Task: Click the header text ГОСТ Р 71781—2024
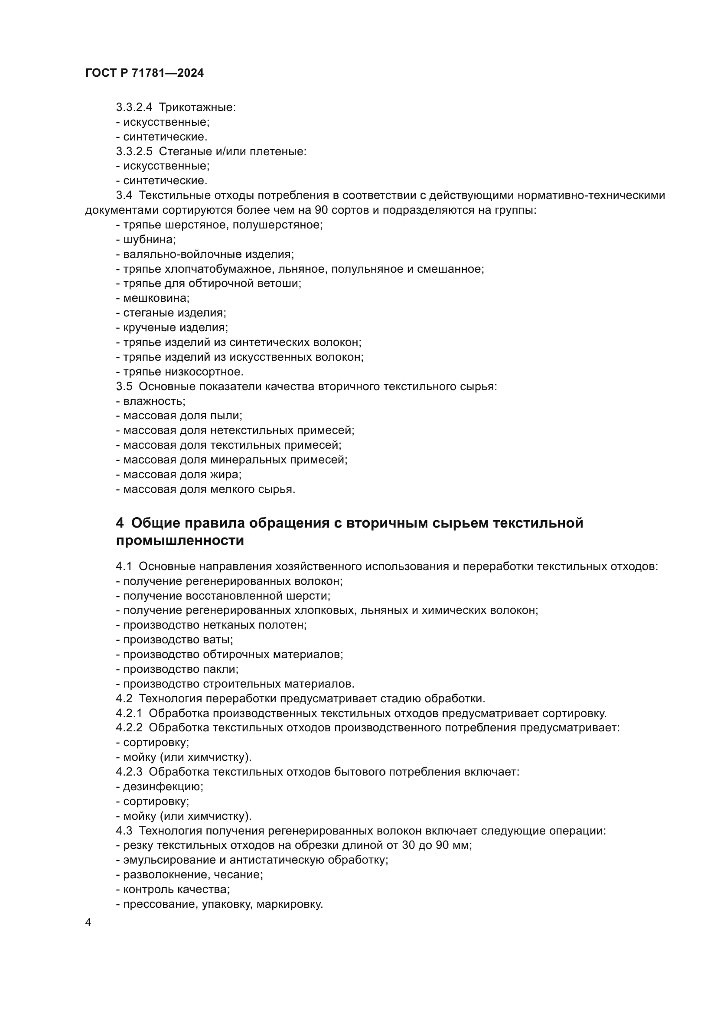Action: click(144, 73)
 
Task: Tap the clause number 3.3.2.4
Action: click(134, 108)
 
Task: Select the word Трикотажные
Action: click(197, 108)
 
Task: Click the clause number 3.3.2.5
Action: click(134, 151)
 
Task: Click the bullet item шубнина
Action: click(149, 240)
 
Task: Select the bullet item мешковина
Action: click(156, 298)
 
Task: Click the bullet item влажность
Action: click(153, 401)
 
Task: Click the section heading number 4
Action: click(120, 523)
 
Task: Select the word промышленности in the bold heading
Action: click(180, 541)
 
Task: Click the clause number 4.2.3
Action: click(129, 772)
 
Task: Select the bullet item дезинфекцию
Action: click(163, 786)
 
